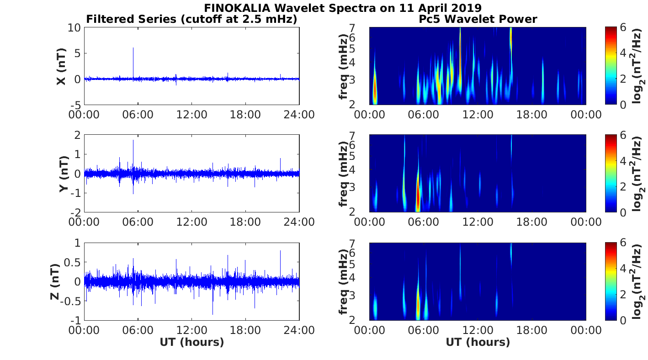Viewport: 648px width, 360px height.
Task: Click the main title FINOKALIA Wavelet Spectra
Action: click(x=342, y=8)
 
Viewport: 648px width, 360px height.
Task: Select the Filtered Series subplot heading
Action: click(x=191, y=19)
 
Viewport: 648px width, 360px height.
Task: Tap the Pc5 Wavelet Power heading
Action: click(x=478, y=19)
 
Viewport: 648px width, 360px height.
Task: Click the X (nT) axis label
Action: click(x=60, y=67)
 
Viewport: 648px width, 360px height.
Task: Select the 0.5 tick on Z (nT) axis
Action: click(x=73, y=262)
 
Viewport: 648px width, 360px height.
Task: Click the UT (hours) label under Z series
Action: click(x=191, y=342)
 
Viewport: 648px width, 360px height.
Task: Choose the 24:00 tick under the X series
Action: click(x=299, y=114)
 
